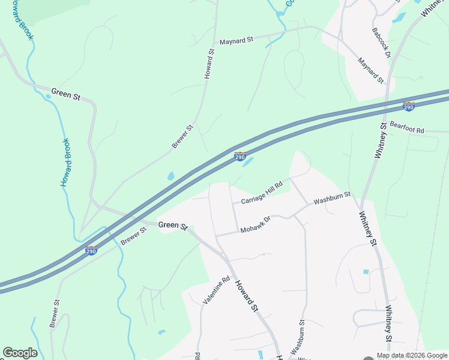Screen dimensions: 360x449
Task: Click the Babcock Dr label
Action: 382,43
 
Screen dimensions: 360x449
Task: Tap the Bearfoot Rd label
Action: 407,127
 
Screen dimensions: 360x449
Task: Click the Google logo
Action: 20,353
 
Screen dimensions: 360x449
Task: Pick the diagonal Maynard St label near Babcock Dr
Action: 370,70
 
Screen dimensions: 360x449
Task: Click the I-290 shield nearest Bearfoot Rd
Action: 409,107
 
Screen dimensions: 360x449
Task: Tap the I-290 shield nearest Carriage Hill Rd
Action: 240,157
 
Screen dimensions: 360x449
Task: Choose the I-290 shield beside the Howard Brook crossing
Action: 91,250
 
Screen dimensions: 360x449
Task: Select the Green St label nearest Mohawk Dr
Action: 173,225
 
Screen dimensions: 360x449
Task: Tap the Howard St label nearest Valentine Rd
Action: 246,296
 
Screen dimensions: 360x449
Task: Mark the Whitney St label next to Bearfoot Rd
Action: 380,139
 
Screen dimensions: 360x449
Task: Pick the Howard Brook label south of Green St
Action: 67,162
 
